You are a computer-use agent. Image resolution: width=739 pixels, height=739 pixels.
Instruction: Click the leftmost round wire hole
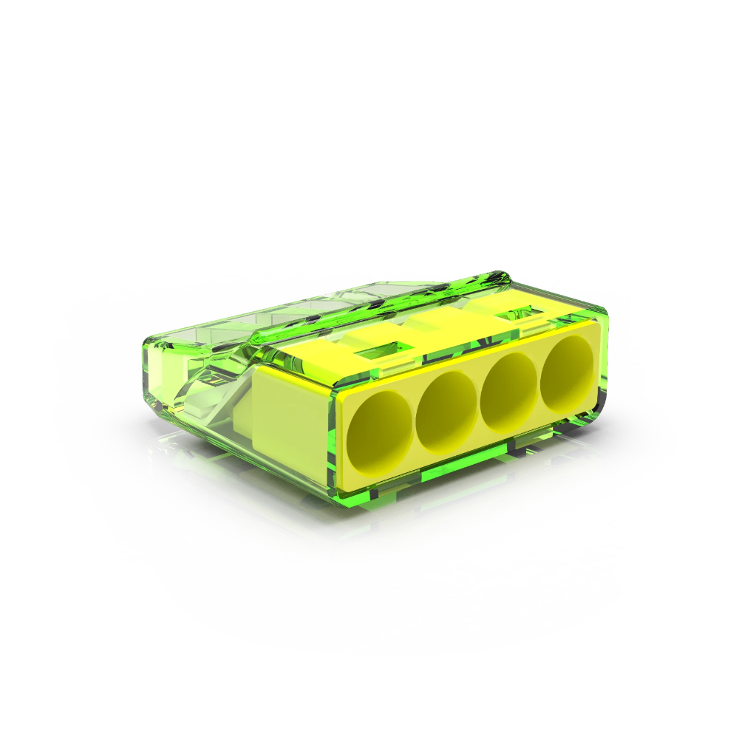pyautogui.click(x=381, y=432)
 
